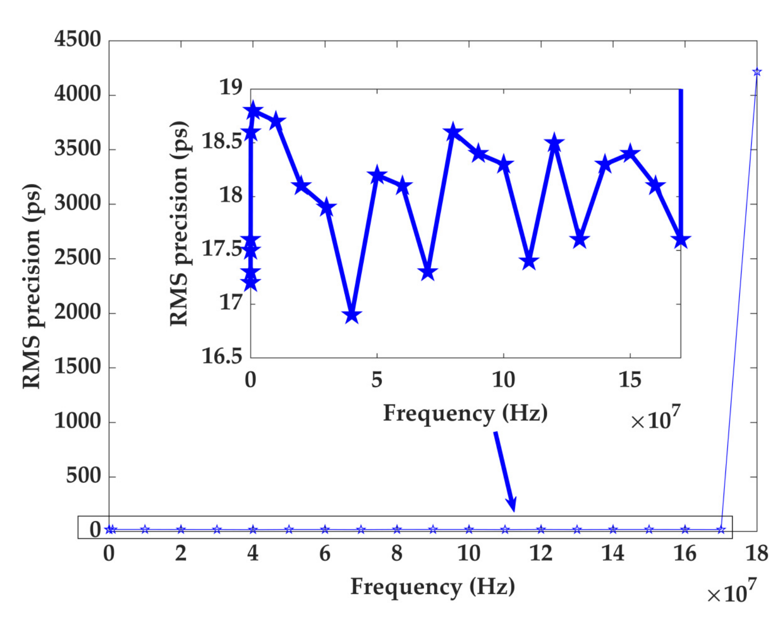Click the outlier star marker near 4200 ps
757,72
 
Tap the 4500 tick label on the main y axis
78,40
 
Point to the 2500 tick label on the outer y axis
78,258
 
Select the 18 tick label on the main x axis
757,553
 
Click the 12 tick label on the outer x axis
541,553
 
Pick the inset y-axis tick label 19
231,87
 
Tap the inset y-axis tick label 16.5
222,356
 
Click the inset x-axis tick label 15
630,380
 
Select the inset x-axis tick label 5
377,380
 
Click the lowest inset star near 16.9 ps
352,316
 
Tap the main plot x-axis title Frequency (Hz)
433,587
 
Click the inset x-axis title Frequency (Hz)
465,413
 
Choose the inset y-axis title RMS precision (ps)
179,224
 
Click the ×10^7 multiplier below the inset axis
655,419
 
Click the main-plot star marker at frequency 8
397,529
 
